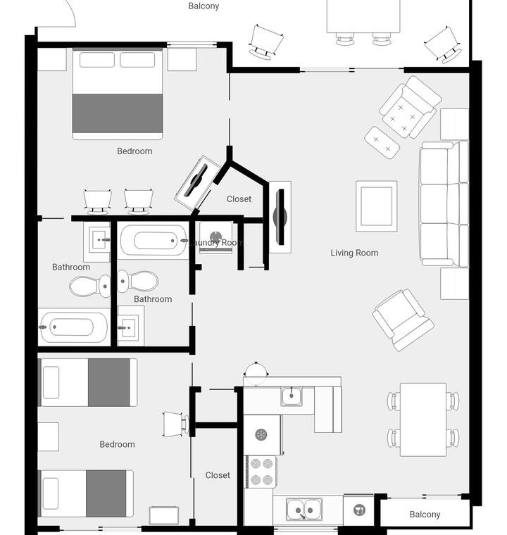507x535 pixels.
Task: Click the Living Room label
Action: tap(354, 253)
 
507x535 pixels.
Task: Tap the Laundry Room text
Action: tap(216, 243)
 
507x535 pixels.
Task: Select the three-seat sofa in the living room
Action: tap(444, 204)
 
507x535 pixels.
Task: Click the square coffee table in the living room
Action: tap(376, 206)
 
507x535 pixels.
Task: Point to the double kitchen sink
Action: tap(304, 510)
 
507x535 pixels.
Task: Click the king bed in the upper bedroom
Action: tap(118, 94)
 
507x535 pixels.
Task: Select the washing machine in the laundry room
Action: tap(215, 237)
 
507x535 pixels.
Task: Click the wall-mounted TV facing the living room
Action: tap(280, 217)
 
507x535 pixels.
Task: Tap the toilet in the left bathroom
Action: tap(90, 286)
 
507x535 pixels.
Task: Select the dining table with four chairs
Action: tap(423, 420)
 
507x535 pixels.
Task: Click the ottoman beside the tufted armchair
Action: tap(382, 143)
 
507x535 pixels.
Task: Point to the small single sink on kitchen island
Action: tap(292, 396)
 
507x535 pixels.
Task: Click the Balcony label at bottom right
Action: tap(425, 514)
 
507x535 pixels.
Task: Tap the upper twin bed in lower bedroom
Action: tap(89, 382)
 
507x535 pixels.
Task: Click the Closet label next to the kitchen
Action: tap(218, 475)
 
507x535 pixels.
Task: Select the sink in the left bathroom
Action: tap(99, 240)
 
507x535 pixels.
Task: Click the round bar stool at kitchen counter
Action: tap(256, 372)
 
